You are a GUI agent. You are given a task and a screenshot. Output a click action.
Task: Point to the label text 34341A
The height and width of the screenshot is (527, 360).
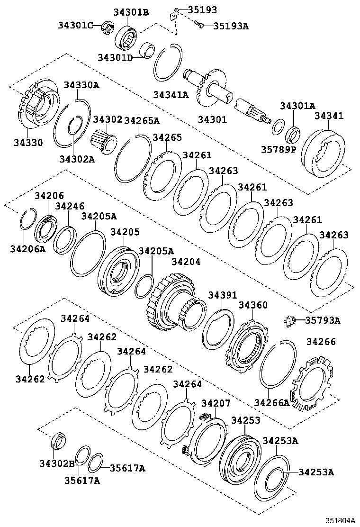pos(171,94)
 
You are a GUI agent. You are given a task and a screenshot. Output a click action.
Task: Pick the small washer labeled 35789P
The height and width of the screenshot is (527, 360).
pos(278,127)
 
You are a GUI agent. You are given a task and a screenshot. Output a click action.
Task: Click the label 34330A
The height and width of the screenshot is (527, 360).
pos(81,85)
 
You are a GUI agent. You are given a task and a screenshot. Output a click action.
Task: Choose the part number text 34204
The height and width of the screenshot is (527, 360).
pos(186,262)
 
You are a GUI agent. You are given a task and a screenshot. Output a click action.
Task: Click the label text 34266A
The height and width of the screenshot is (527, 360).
pos(271,403)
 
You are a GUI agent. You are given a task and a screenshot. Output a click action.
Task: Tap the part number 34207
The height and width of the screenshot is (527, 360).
pos(216,403)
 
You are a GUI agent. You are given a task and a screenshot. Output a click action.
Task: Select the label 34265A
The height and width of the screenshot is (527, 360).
pos(142,120)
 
